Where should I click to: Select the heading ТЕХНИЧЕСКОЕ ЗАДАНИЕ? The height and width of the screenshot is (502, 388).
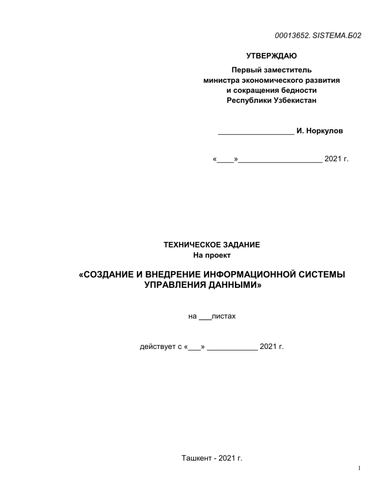tap(212, 245)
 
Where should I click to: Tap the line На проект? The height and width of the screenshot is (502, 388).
tap(212, 255)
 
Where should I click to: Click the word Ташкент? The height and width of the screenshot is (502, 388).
tap(196, 459)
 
